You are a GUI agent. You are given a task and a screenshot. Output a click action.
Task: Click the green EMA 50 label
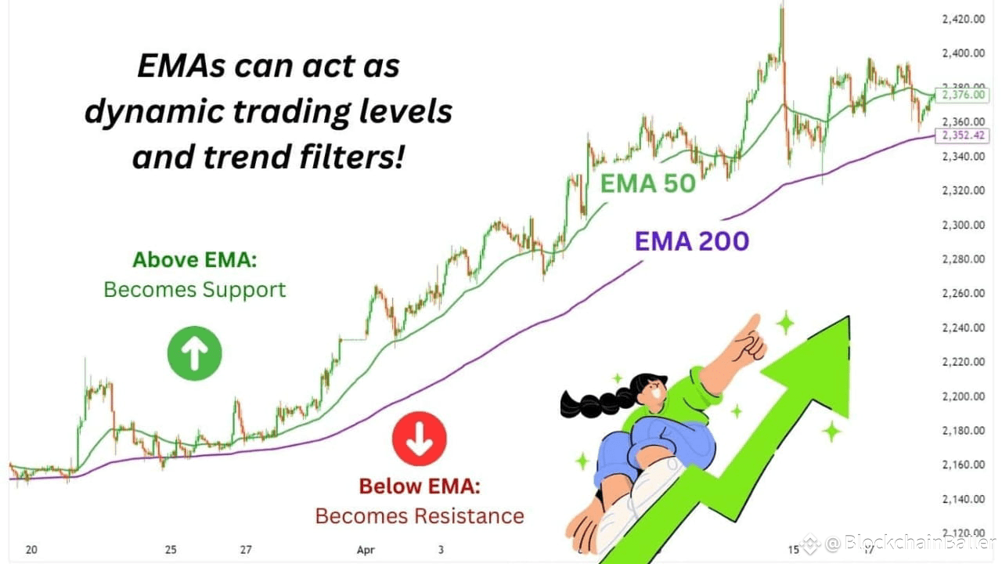(x=647, y=183)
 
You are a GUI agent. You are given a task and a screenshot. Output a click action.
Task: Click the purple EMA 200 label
(x=691, y=240)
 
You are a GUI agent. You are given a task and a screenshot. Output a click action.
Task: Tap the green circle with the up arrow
(x=194, y=353)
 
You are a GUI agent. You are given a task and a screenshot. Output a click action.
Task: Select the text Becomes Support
(x=195, y=290)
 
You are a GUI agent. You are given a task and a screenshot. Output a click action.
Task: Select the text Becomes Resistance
(x=420, y=516)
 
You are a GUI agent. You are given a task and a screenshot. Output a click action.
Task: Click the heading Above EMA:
(x=195, y=260)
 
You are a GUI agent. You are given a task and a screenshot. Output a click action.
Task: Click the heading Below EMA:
(x=420, y=486)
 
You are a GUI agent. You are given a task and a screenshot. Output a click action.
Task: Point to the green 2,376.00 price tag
(x=965, y=95)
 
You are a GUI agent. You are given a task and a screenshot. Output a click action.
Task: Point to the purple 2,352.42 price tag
(x=965, y=136)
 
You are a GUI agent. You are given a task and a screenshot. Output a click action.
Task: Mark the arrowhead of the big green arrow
(x=818, y=360)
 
